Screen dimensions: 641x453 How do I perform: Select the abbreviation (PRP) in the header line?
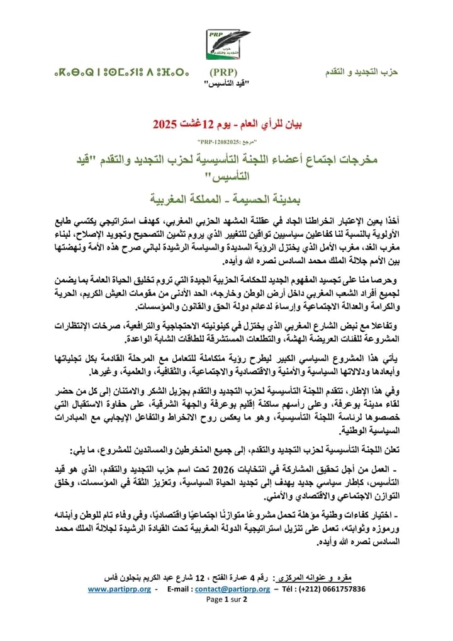click(x=223, y=72)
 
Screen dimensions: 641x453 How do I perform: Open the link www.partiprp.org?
click(x=120, y=589)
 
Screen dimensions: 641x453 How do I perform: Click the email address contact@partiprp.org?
click(x=235, y=589)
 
